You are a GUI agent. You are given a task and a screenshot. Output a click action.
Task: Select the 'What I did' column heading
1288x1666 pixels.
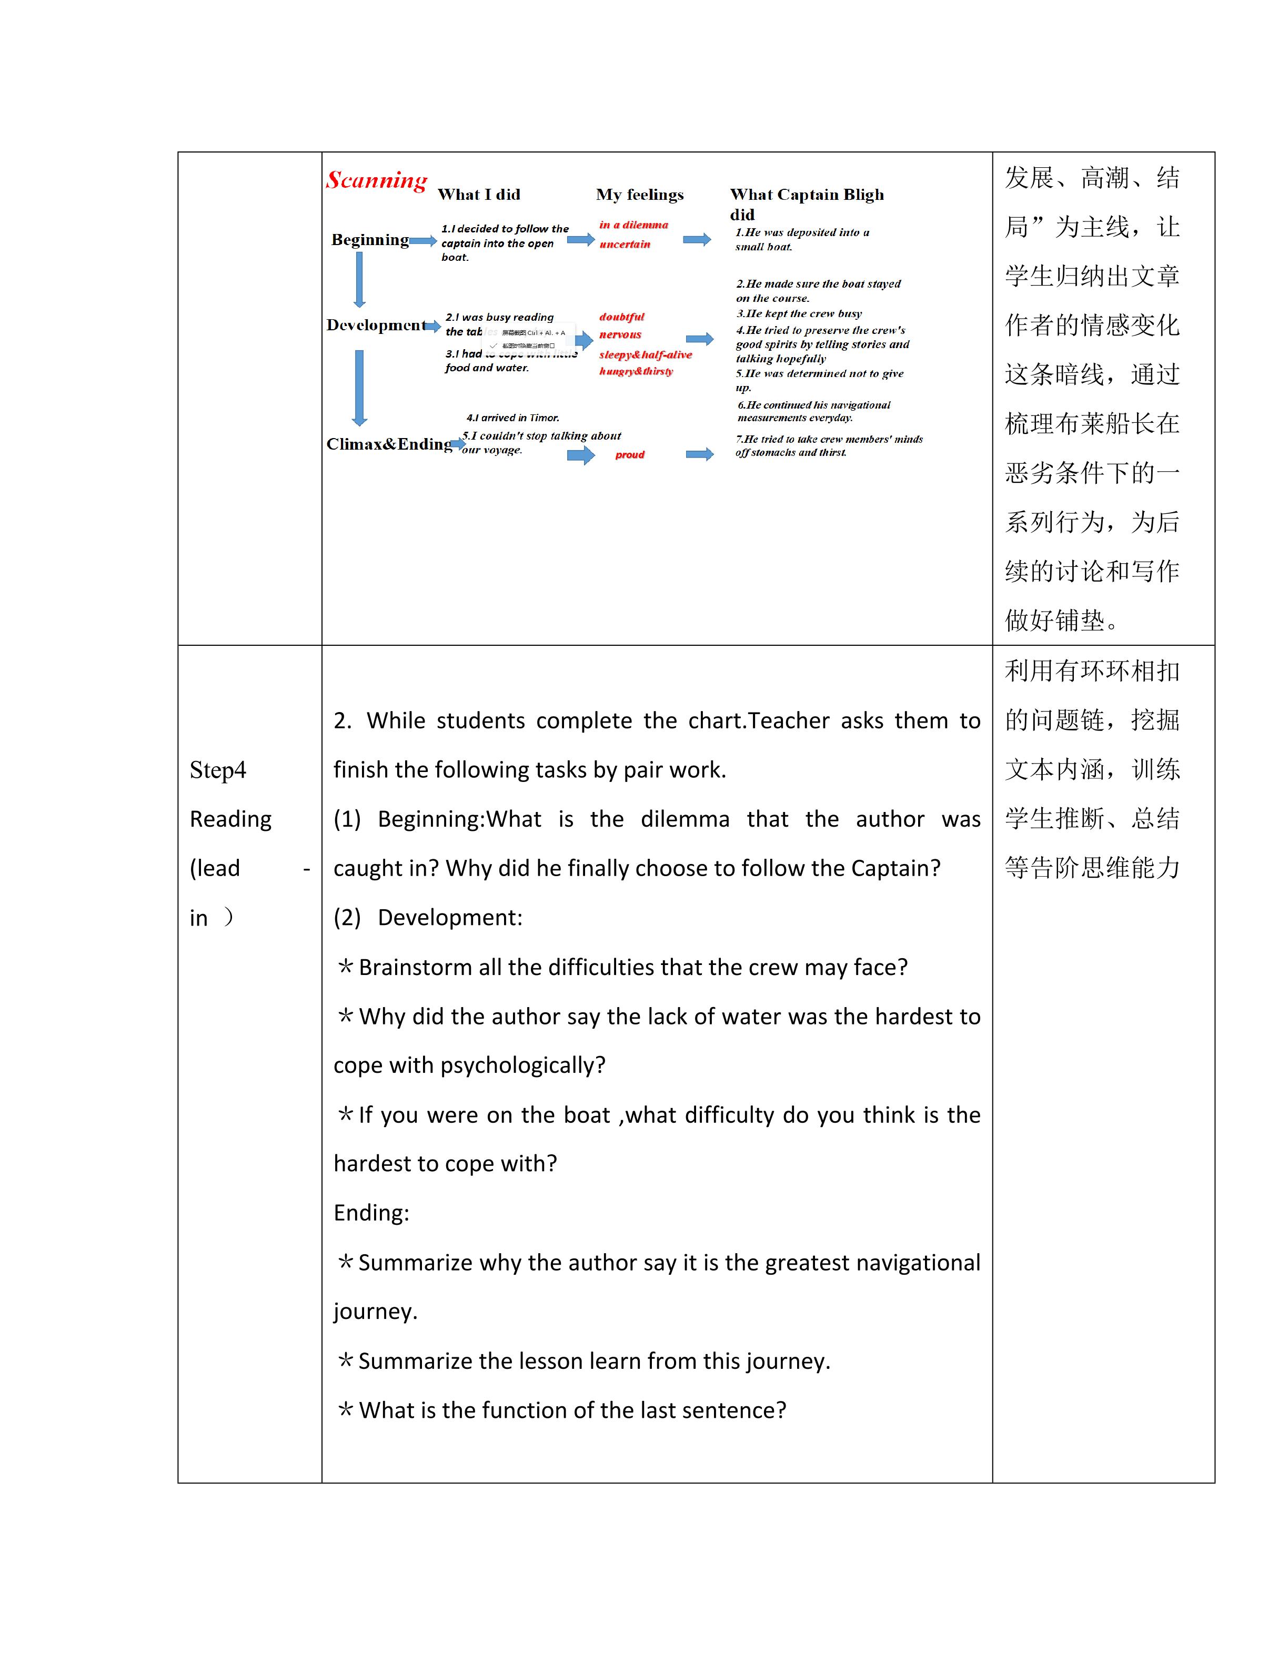[x=478, y=195]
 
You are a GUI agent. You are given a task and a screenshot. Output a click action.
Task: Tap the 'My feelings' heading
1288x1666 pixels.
[x=639, y=195]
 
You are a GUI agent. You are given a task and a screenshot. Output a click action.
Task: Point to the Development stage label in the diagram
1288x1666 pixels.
[x=376, y=325]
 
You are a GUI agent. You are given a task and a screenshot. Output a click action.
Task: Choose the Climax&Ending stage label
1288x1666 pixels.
[x=389, y=444]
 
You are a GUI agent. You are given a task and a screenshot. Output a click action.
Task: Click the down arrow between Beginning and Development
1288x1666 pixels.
[x=359, y=279]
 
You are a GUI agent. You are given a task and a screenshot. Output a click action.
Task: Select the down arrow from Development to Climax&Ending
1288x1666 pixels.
[x=359, y=388]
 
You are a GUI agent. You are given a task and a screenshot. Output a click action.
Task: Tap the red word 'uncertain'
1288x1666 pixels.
[x=624, y=244]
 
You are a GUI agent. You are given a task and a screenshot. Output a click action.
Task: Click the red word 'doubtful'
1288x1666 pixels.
[x=621, y=317]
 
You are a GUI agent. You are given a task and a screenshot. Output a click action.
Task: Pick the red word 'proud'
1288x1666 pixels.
[x=629, y=455]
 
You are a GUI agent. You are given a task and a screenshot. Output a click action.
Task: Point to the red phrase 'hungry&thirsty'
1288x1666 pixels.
[x=636, y=371]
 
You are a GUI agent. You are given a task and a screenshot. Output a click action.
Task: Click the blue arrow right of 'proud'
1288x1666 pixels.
[x=699, y=455]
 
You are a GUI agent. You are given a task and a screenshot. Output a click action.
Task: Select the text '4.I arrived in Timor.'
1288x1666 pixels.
[x=513, y=418]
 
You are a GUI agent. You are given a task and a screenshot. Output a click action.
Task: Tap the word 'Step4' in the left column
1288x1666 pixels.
[x=217, y=770]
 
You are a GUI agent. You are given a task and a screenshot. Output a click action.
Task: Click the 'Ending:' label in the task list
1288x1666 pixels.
[x=371, y=1213]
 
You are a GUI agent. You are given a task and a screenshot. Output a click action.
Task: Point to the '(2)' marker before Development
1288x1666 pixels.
[x=347, y=918]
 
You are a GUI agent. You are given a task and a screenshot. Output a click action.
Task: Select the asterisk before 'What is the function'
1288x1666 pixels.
[x=345, y=1410]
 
